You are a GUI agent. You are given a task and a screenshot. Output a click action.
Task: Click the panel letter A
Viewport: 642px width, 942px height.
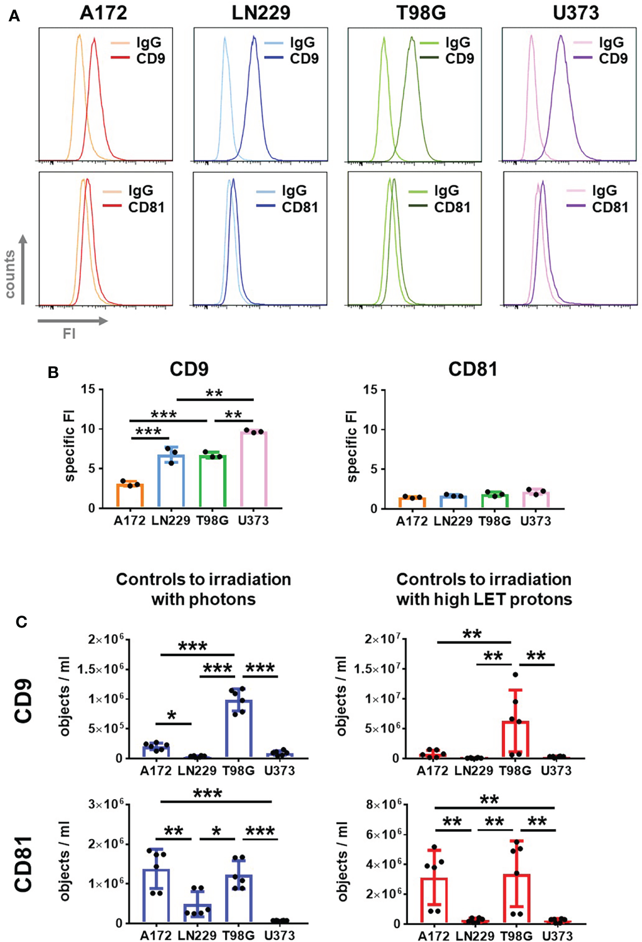tap(15, 16)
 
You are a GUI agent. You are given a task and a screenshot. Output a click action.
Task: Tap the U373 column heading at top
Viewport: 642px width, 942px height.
tap(575, 12)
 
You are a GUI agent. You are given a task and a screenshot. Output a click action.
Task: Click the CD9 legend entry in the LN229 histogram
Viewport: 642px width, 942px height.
tap(304, 58)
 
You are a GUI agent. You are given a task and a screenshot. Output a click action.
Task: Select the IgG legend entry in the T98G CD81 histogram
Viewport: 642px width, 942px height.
tap(446, 191)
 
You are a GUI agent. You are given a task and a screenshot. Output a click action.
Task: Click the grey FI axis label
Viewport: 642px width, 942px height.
tap(69, 334)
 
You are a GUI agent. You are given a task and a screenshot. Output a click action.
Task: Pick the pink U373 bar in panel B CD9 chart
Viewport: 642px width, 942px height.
tap(254, 470)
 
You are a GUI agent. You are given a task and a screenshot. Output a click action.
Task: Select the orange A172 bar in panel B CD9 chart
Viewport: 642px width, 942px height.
tap(130, 495)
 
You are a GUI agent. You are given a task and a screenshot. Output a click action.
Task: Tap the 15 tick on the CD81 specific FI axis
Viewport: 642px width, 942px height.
tap(370, 389)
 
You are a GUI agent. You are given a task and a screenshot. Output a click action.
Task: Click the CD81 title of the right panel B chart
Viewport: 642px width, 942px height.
tap(473, 370)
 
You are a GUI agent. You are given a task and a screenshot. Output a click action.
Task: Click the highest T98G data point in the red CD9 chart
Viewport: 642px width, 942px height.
tap(515, 675)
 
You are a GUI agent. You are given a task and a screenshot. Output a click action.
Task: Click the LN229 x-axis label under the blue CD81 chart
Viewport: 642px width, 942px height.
tap(197, 935)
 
